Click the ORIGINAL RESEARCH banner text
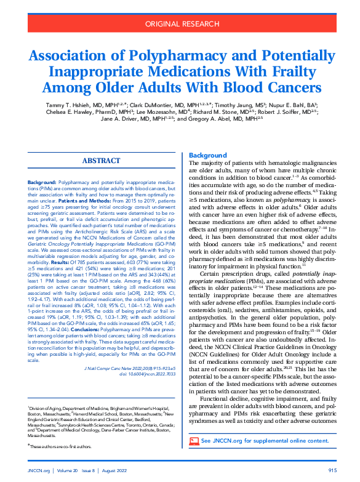[x=180, y=25]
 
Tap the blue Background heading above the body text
[x=207, y=155]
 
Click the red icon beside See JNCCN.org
[x=194, y=441]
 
